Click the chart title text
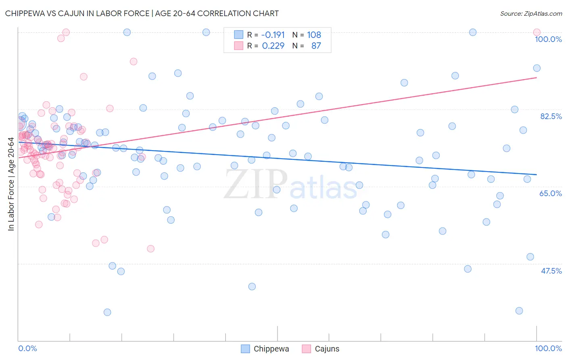point(142,13)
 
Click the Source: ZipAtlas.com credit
point(531,13)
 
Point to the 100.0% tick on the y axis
point(548,39)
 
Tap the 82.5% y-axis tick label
point(551,116)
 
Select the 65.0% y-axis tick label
point(550,193)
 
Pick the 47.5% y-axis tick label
point(551,271)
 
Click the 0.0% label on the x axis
point(27,348)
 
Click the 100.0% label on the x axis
point(548,348)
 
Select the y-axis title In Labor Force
point(11,184)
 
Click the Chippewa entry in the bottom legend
point(271,349)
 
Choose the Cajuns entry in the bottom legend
point(327,349)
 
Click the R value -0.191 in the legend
point(273,35)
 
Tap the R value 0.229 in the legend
point(273,46)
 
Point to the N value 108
point(314,35)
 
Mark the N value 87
point(316,46)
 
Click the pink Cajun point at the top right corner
point(536,32)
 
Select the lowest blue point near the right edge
point(519,310)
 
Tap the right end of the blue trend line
point(536,174)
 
